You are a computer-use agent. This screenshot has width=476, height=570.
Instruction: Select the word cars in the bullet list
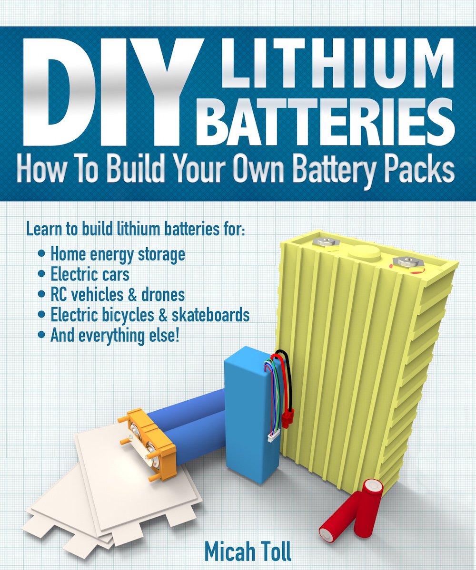coord(114,275)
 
